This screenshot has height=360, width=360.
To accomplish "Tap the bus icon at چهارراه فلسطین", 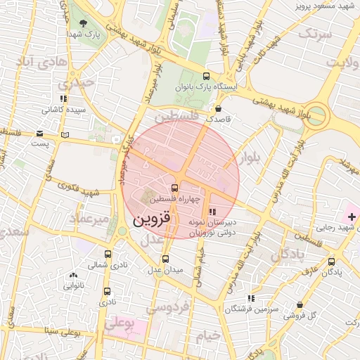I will [x=175, y=188].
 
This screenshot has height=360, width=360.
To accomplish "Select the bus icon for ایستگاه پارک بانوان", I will [x=205, y=76].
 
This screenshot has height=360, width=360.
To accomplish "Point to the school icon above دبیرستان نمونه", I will [x=212, y=211].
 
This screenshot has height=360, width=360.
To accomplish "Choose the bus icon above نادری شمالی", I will [x=108, y=255].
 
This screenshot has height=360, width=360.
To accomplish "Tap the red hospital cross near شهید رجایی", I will [x=352, y=215].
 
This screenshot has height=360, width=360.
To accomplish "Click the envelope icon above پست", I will [x=39, y=134].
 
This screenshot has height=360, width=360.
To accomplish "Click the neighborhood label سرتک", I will [x=314, y=33].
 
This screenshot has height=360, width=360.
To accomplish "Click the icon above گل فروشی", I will [x=300, y=305].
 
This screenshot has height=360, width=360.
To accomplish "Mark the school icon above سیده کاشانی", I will [x=64, y=99].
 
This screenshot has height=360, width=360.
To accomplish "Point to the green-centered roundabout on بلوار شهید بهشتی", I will [x=317, y=115].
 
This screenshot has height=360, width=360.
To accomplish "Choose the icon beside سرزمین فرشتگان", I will [x=251, y=299].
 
